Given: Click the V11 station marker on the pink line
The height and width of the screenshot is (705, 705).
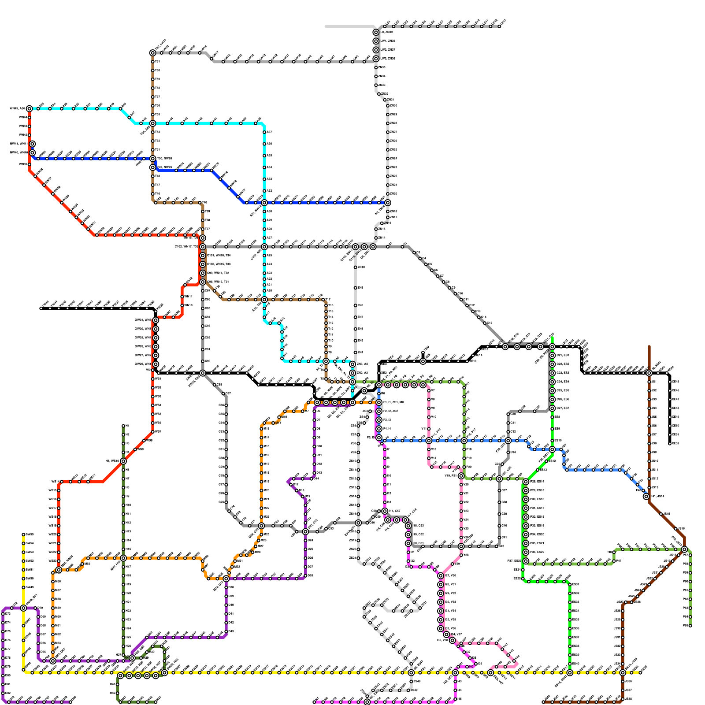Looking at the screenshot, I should pyautogui.click(x=429, y=429).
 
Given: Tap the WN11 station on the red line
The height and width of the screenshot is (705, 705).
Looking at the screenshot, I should pyautogui.click(x=182, y=297).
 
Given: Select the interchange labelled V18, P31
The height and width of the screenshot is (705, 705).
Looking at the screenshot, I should pyautogui.click(x=461, y=476).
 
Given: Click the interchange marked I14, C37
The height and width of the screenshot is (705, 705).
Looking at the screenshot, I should pyautogui.click(x=385, y=511).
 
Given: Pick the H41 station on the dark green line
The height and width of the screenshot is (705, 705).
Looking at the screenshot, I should pyautogui.click(x=117, y=684).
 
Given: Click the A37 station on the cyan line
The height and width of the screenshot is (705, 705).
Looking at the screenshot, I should pyautogui.click(x=264, y=132).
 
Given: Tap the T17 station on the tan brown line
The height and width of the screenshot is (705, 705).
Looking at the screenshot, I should pyautogui.click(x=326, y=300).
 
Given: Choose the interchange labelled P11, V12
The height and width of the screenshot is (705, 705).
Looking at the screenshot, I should pyautogui.click(x=429, y=441).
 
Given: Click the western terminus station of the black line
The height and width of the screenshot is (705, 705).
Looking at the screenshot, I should pyautogui.click(x=41, y=308).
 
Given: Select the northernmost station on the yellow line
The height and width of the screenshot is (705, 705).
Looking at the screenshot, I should pyautogui.click(x=23, y=534).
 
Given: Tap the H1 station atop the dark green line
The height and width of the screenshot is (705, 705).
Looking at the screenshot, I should pyautogui.click(x=123, y=426).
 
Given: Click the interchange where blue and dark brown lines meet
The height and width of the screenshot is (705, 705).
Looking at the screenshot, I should pyautogui.click(x=646, y=497).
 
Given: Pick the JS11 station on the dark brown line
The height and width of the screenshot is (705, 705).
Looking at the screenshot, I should pyautogui.click(x=649, y=470).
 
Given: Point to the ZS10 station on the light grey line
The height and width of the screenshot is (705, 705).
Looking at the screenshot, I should pyautogui.click(x=358, y=461).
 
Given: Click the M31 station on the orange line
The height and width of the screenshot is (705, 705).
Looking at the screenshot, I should pyautogui.click(x=53, y=626).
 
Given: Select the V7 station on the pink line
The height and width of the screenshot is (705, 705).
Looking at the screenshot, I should pyautogui.click(x=429, y=391).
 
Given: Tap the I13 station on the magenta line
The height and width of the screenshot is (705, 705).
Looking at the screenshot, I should pyautogui.click(x=385, y=502).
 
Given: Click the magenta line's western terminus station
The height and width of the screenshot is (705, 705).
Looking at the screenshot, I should pyautogui.click(x=314, y=702).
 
